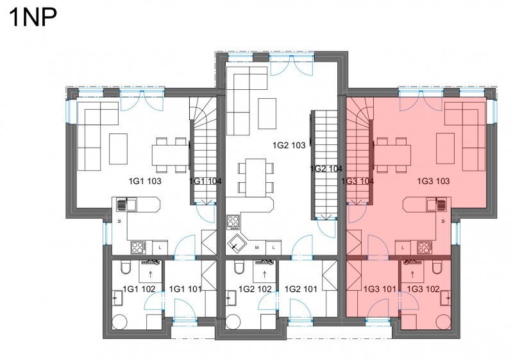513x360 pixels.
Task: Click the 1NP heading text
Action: tap(34, 17)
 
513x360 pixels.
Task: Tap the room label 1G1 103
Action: tap(145, 181)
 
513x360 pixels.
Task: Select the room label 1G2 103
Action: tap(289, 145)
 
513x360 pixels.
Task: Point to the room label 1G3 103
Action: tap(433, 181)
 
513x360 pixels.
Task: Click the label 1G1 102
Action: tap(139, 289)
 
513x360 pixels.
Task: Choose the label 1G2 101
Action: tap(301, 289)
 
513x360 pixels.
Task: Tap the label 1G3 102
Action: tap(423, 289)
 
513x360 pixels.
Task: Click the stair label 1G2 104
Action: tap(326, 169)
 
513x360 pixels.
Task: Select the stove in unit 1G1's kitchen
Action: tap(138, 248)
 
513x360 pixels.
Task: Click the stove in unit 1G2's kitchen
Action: tap(233, 222)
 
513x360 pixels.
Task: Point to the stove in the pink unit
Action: tap(425, 248)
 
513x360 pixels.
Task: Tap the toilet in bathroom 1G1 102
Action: tap(125, 267)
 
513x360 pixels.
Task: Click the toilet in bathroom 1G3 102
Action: tap(437, 267)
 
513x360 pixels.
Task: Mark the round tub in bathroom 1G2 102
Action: tap(233, 322)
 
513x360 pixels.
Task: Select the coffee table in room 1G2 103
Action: tap(267, 114)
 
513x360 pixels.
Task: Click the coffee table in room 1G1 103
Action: tap(118, 149)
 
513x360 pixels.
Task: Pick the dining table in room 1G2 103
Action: tap(255, 178)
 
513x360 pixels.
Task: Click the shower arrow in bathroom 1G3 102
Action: tap(412, 274)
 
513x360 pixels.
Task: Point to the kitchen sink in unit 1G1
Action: tap(127, 204)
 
